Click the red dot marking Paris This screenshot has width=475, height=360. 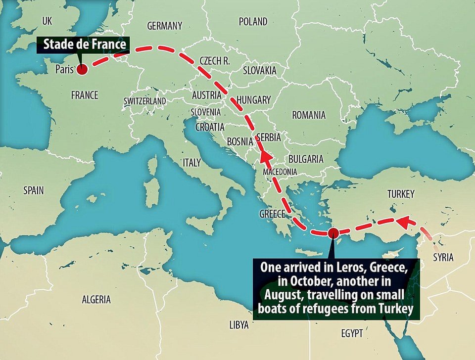[81, 70]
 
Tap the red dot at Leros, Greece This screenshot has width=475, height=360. [333, 232]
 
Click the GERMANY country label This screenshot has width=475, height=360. [165, 26]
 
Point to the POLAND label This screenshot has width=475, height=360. [253, 22]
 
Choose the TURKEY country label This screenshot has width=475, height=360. [401, 194]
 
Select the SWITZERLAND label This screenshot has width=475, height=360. [145, 101]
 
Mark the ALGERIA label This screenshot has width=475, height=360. [96, 300]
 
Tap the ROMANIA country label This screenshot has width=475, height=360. [309, 115]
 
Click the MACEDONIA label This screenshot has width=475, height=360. [280, 172]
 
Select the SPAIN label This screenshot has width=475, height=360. [34, 190]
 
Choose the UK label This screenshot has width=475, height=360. [47, 21]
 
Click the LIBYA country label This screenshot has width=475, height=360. [239, 325]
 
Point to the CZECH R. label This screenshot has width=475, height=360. [215, 61]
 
